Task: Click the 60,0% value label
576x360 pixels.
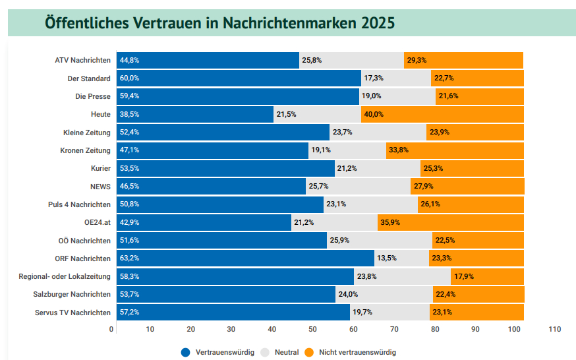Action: [129, 78]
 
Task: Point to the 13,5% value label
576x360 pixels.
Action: [387, 258]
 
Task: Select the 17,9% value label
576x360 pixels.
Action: [464, 276]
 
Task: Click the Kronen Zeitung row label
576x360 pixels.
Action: [85, 150]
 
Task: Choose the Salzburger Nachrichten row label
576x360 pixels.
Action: [72, 294]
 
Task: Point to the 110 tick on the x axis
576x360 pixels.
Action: [554, 329]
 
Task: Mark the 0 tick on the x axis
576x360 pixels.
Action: [112, 329]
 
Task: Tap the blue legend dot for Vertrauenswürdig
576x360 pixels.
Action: [186, 352]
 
